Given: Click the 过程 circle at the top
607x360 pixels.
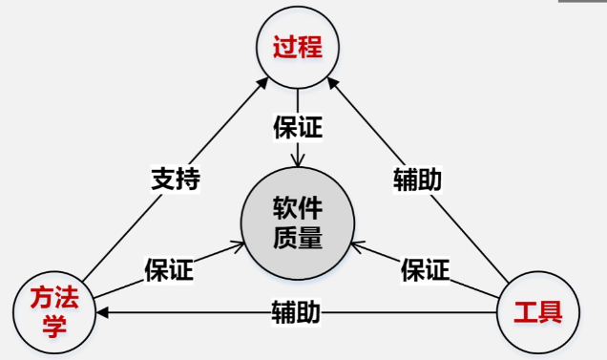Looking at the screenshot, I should [x=297, y=46].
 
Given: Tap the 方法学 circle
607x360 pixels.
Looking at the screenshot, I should [x=54, y=311].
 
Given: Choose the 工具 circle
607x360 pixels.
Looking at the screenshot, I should [x=538, y=311].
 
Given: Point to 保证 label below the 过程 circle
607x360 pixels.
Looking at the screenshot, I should [x=298, y=128].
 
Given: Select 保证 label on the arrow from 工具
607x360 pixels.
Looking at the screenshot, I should [x=425, y=270].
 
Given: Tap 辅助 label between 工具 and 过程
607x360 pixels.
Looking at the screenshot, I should [x=418, y=179].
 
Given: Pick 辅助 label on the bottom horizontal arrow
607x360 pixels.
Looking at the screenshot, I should [x=295, y=312].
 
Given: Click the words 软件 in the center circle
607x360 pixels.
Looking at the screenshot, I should [x=298, y=206].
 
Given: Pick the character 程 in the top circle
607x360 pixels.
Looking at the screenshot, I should [x=312, y=46].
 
